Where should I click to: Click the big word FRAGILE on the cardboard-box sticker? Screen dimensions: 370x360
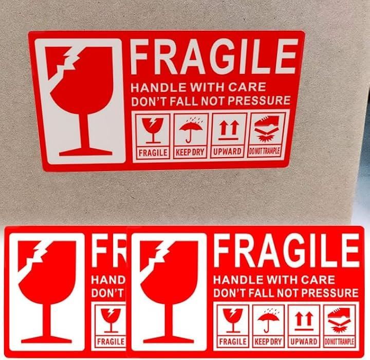pyautogui.click(x=214, y=58)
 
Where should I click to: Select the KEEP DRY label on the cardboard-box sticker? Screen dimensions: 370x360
pyautogui.click(x=190, y=153)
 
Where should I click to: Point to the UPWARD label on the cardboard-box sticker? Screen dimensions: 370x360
pyautogui.click(x=227, y=151)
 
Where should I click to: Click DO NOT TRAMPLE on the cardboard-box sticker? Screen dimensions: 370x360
pyautogui.click(x=265, y=151)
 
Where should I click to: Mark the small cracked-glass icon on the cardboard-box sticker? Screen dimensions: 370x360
pyautogui.click(x=153, y=130)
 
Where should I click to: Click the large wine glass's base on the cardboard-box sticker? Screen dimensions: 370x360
pyautogui.click(x=85, y=152)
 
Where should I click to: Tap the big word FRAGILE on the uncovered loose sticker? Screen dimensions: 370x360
pyautogui.click(x=286, y=251)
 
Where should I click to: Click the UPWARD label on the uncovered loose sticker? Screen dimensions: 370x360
pyautogui.click(x=304, y=342)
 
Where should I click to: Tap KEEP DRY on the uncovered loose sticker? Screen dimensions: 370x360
pyautogui.click(x=268, y=342)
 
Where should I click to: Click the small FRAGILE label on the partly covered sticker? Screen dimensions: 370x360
pyautogui.click(x=111, y=342)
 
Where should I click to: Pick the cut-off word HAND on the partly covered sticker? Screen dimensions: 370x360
pyautogui.click(x=108, y=280)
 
